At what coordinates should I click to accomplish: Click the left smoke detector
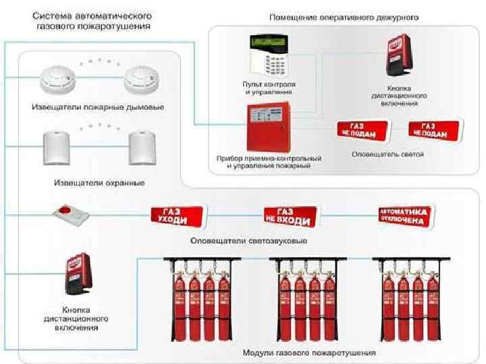tap(59, 80)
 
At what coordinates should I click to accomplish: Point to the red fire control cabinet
tap(268, 127)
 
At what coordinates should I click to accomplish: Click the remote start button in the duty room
tap(400, 58)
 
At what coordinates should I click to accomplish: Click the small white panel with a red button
tap(70, 214)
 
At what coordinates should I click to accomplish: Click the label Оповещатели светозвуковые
tap(249, 241)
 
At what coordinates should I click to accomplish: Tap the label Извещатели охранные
tap(99, 183)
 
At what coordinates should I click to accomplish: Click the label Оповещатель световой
tap(387, 154)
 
